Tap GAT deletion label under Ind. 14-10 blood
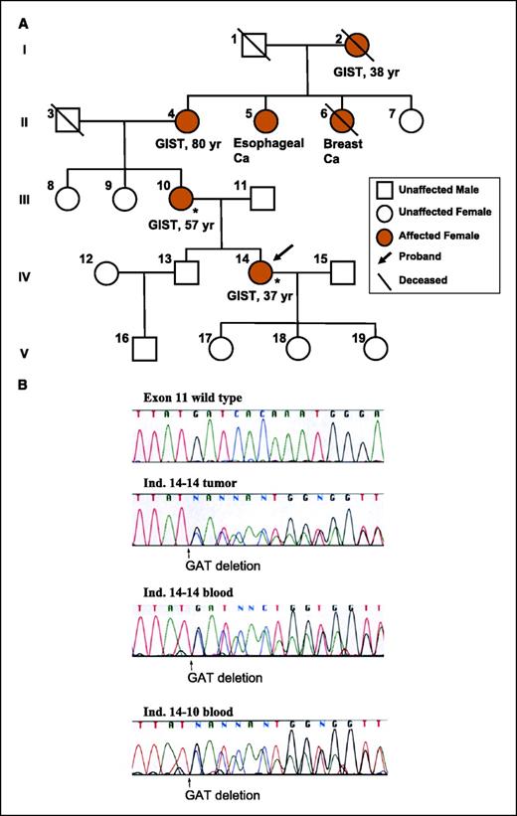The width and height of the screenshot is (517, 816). point(224,796)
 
